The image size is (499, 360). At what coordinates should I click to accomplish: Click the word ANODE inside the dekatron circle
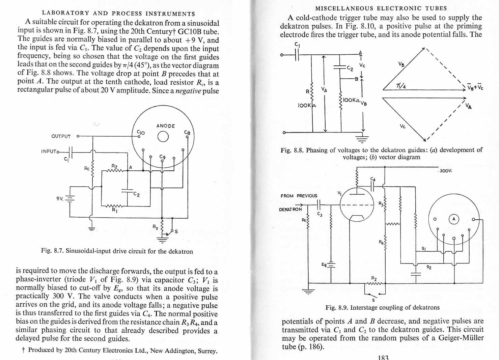(166, 126)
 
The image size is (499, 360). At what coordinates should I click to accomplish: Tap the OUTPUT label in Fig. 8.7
(61, 136)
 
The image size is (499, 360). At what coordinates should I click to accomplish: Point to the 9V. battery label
(60, 199)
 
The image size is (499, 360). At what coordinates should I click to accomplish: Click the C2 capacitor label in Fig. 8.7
(136, 194)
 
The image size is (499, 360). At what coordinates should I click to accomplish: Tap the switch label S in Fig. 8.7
(176, 231)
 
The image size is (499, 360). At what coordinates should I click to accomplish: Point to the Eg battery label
(324, 265)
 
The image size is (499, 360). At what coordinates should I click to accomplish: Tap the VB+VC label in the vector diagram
(475, 87)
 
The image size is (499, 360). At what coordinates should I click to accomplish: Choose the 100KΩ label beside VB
(351, 100)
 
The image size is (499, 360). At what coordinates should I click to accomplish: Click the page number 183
(383, 357)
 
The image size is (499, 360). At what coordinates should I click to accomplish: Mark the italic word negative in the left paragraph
(188, 91)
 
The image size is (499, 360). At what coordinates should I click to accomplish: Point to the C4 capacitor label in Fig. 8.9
(373, 179)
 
